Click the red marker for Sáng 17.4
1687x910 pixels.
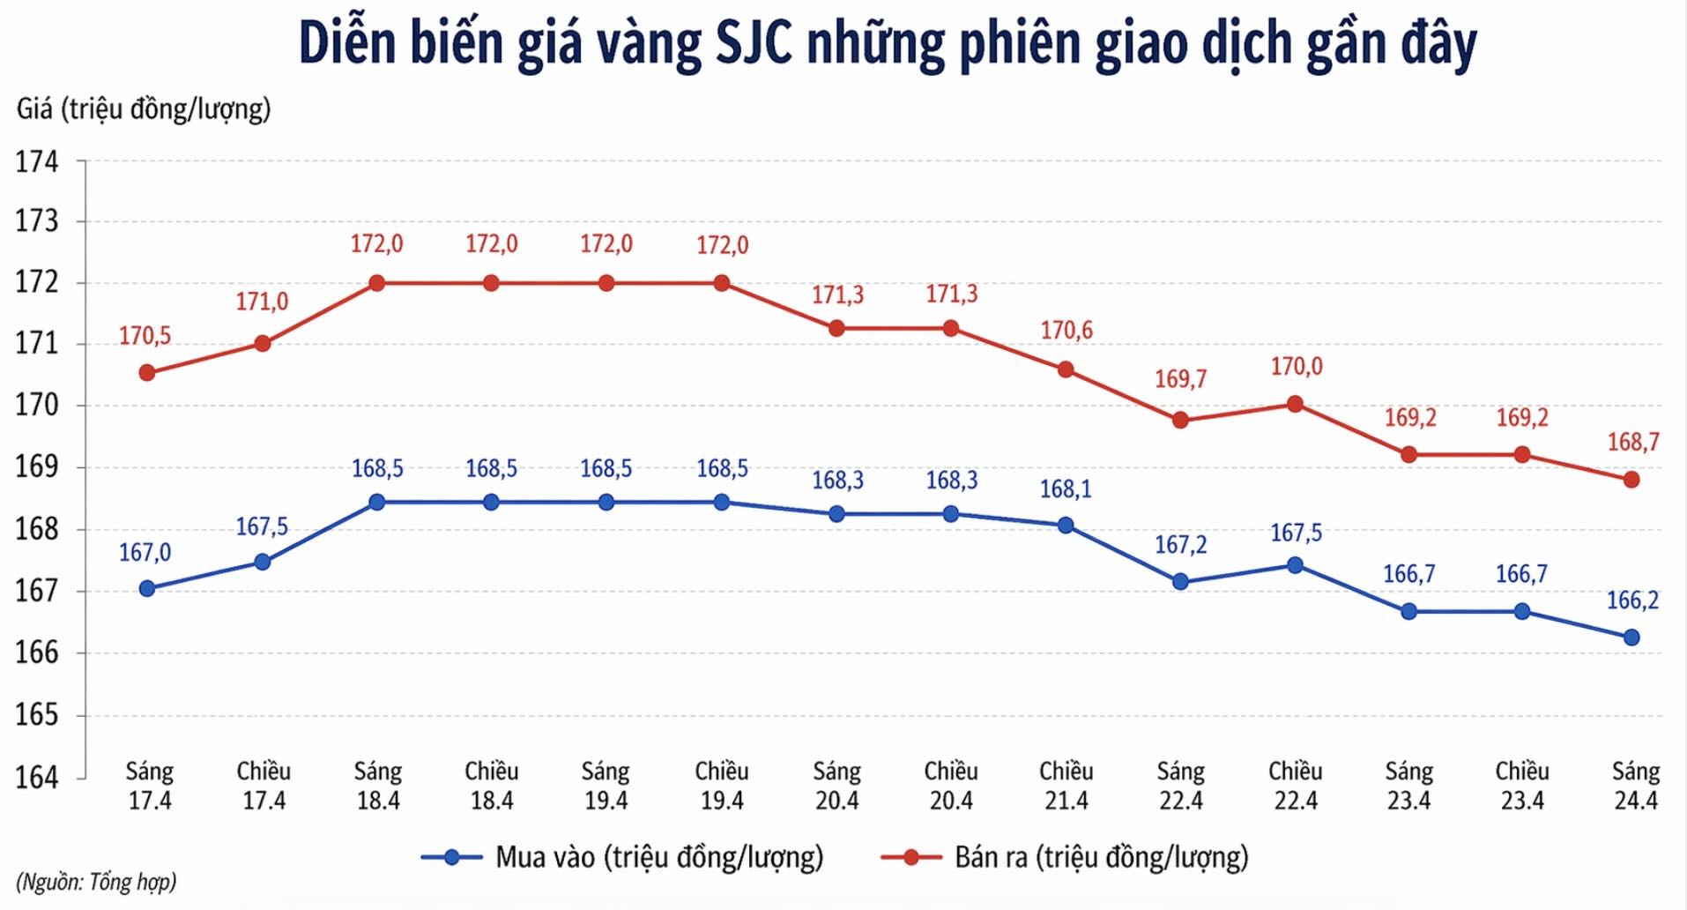pyautogui.click(x=147, y=373)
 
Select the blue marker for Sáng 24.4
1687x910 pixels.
pyautogui.click(x=1631, y=638)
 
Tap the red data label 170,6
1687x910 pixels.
pyautogui.click(x=1066, y=331)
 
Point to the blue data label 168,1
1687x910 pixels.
pyautogui.click(x=1065, y=489)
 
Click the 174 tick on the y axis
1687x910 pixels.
pyautogui.click(x=37, y=162)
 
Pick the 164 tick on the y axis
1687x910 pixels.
pyautogui.click(x=37, y=778)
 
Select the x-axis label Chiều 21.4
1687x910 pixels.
pyautogui.click(x=1066, y=786)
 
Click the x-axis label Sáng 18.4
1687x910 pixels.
pyautogui.click(x=378, y=786)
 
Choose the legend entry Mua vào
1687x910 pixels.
pyautogui.click(x=622, y=857)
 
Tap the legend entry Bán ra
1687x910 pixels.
pyautogui.click(x=1065, y=857)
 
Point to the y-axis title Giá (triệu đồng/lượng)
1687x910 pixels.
pyautogui.click(x=144, y=109)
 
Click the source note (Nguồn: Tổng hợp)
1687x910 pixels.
pyautogui.click(x=96, y=882)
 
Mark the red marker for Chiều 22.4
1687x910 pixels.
pyautogui.click(x=1295, y=404)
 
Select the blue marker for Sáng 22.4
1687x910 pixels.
pyautogui.click(x=1180, y=582)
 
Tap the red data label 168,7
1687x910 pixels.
pyautogui.click(x=1632, y=442)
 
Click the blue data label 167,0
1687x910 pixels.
pyautogui.click(x=145, y=553)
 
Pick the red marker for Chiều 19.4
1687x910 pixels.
pyautogui.click(x=722, y=283)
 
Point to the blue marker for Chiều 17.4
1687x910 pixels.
pyautogui.click(x=263, y=562)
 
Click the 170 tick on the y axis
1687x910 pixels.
pyautogui.click(x=37, y=406)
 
